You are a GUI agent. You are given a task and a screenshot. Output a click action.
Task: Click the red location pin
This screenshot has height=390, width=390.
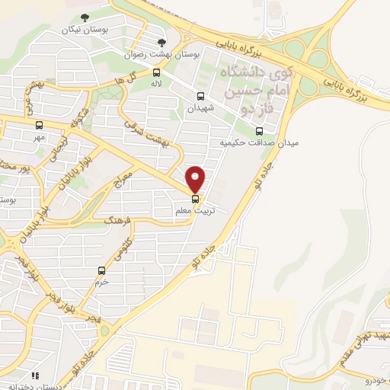196,178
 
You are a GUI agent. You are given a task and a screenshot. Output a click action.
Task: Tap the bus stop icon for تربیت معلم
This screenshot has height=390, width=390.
196,200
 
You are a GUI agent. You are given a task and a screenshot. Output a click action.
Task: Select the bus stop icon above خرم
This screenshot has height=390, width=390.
102,270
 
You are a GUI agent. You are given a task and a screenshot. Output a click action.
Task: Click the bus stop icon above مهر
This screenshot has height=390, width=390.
39,125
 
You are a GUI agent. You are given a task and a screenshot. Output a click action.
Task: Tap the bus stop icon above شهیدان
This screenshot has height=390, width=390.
200,96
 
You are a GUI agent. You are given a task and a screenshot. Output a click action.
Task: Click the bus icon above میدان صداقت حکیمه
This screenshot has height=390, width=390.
259,130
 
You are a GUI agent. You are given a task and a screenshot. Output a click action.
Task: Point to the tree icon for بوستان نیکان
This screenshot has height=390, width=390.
85,17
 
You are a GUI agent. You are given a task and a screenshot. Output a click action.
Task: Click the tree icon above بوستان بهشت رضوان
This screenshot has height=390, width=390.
160,42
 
